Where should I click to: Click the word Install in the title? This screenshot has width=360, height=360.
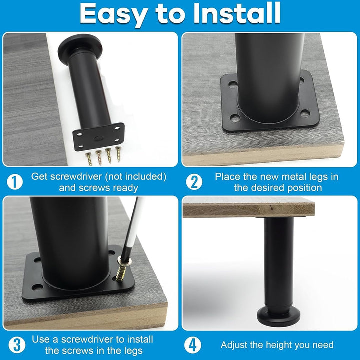pos(236,13)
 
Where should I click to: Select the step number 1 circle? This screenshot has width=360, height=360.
pos(15,182)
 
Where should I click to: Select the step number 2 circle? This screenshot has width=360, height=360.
pos(194,182)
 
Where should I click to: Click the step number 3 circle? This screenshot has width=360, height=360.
pos(17,345)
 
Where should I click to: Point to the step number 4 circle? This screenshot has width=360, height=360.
pos(193,345)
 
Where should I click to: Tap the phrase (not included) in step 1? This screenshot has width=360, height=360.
pos(135,177)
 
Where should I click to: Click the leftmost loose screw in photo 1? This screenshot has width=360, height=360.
pos(89,159)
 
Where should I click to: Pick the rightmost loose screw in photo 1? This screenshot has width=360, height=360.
pos(118,154)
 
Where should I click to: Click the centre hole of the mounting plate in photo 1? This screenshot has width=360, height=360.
pos(99,138)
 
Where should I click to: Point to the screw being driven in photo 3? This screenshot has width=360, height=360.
pos(122,270)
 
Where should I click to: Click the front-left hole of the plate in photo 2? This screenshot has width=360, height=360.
pos(235,118)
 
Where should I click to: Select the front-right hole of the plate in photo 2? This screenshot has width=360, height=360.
pos(305,113)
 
